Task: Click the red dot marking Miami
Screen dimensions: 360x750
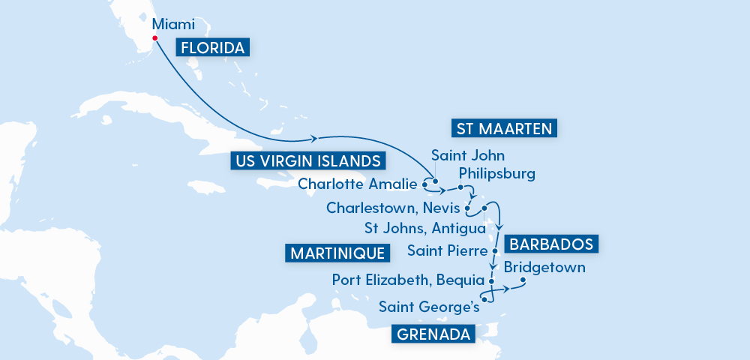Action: click(x=154, y=38)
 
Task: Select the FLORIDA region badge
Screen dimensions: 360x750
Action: click(x=212, y=49)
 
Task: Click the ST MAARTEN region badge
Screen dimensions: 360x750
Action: click(x=504, y=129)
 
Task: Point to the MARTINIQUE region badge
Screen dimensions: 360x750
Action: click(x=337, y=253)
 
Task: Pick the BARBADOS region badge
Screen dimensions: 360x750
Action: click(x=553, y=244)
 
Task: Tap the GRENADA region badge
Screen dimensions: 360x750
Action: click(x=433, y=334)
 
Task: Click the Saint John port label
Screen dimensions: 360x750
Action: click(x=468, y=156)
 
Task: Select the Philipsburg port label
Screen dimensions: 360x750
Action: click(x=496, y=174)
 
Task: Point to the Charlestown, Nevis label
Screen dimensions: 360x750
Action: click(x=394, y=207)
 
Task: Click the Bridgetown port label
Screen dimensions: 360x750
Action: click(x=545, y=267)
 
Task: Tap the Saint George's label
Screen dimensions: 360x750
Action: click(x=429, y=307)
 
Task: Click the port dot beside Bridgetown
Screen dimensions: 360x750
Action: click(x=523, y=282)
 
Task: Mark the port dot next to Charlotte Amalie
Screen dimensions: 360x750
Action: click(x=425, y=183)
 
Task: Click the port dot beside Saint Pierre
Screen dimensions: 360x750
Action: click(x=495, y=250)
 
